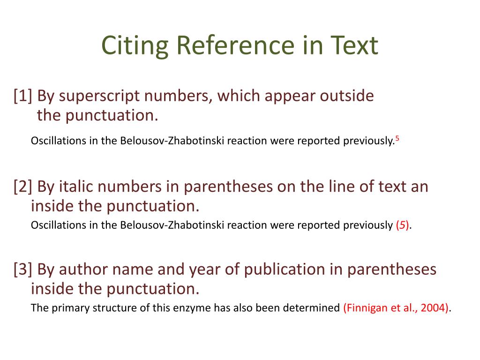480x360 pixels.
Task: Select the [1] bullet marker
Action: [x=23, y=96]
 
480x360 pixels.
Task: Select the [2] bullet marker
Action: [x=23, y=187]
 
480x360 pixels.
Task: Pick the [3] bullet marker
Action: [x=23, y=270]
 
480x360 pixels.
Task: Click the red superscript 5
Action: [x=397, y=138]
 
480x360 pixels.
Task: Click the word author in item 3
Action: [x=82, y=270]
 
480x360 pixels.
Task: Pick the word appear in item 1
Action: [x=290, y=97]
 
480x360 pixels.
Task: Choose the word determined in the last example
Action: [x=314, y=308]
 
